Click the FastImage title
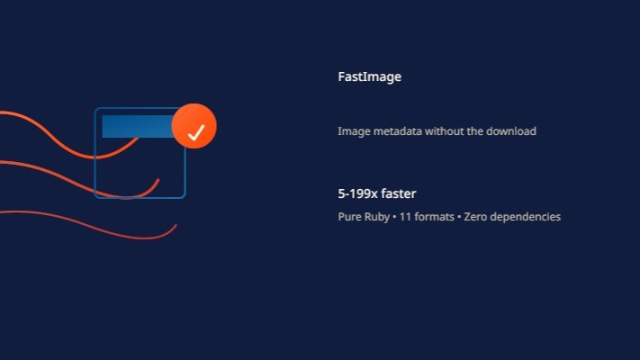click(369, 77)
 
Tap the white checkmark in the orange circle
click(195, 133)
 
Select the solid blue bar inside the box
click(137, 126)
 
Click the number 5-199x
click(357, 193)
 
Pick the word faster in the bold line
click(398, 193)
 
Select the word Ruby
click(375, 217)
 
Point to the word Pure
click(349, 217)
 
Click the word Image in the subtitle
click(353, 131)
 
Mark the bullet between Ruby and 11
click(393, 217)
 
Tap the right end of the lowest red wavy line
click(175, 226)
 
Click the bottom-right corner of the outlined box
click(184, 196)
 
